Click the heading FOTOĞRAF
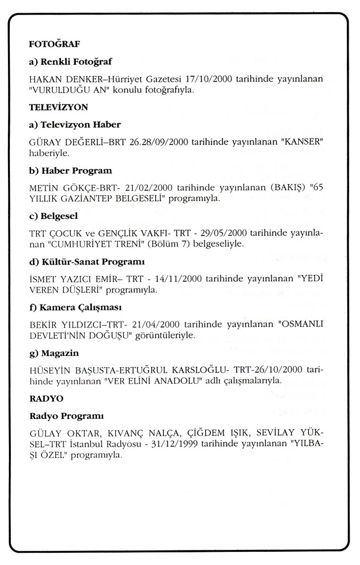point(55,44)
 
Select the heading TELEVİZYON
point(58,107)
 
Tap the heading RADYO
point(46,398)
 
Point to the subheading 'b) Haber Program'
point(70,170)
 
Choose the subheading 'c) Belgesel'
point(53,216)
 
